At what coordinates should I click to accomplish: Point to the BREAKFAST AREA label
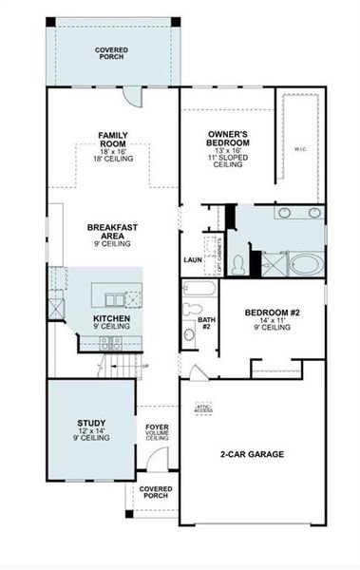[x=109, y=233]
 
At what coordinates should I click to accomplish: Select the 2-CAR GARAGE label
[x=253, y=455]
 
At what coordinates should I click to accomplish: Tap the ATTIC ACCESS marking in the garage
[x=202, y=408]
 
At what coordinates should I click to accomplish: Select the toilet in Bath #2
[x=189, y=332]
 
